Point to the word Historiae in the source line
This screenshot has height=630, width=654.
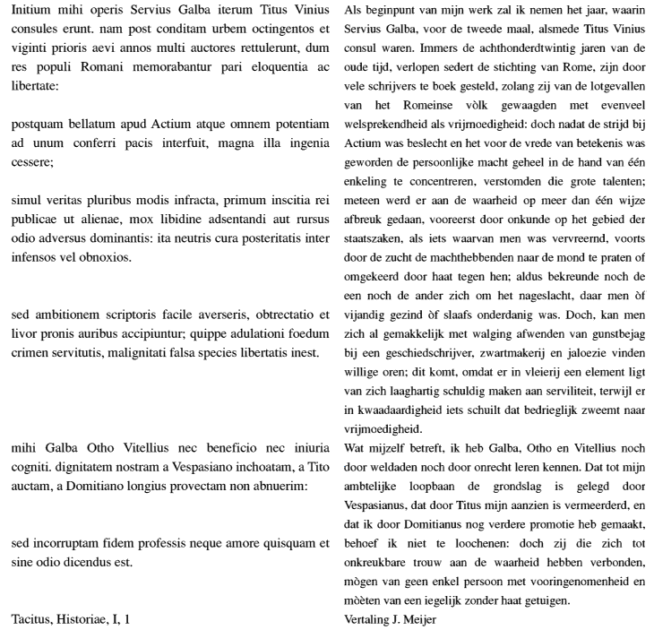[x=84, y=619]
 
